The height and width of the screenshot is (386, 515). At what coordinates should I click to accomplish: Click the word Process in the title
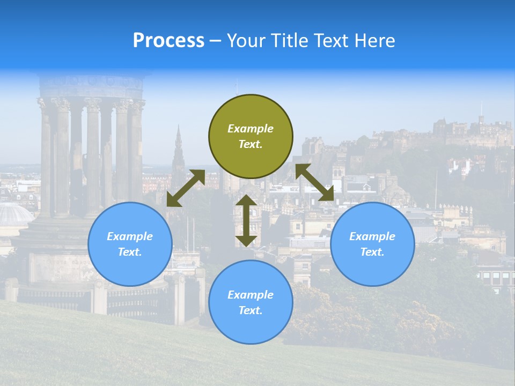168,41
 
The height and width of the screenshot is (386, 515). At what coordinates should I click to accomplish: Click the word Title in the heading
289,41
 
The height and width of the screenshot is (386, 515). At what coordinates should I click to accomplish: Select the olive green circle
251,137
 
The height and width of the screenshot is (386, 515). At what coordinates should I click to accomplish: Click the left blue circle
130,244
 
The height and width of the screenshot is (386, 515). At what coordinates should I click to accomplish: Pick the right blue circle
372,244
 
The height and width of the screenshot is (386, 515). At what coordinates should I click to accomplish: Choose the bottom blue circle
251,302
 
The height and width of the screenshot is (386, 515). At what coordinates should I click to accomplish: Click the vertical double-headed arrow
246,220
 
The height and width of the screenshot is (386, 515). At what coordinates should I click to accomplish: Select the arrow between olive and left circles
186,188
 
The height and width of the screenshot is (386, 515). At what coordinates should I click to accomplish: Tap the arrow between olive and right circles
314,182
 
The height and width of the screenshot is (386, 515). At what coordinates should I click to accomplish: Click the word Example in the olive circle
251,129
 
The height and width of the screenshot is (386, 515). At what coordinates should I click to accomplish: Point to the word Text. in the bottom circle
251,310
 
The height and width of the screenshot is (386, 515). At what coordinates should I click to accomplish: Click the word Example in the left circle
130,236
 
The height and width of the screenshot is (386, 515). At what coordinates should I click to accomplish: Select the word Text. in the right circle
372,252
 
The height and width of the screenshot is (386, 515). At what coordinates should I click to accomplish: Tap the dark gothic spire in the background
178,150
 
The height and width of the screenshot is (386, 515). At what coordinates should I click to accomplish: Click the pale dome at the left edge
13,214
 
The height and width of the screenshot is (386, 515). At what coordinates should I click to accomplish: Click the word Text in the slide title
332,41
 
